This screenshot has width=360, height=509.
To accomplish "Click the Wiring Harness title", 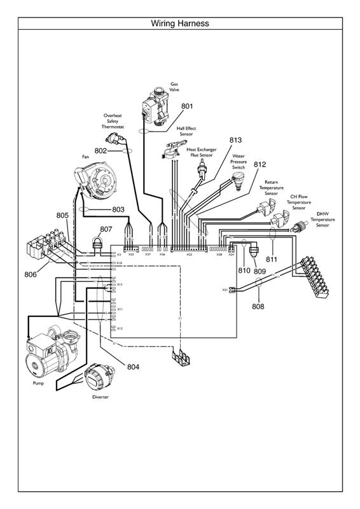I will click(x=180, y=24).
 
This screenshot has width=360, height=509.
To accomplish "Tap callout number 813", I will click(x=236, y=140).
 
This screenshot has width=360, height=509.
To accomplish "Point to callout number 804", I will click(x=133, y=367).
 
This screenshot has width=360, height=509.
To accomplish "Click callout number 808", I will click(x=258, y=306).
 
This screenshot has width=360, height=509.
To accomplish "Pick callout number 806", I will click(x=30, y=275).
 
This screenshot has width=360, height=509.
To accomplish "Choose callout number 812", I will click(x=260, y=164).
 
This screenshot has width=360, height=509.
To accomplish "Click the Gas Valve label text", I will click(x=174, y=87).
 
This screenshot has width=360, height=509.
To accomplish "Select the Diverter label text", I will click(x=100, y=396).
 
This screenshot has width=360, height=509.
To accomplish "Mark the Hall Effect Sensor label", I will click(x=186, y=131).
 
